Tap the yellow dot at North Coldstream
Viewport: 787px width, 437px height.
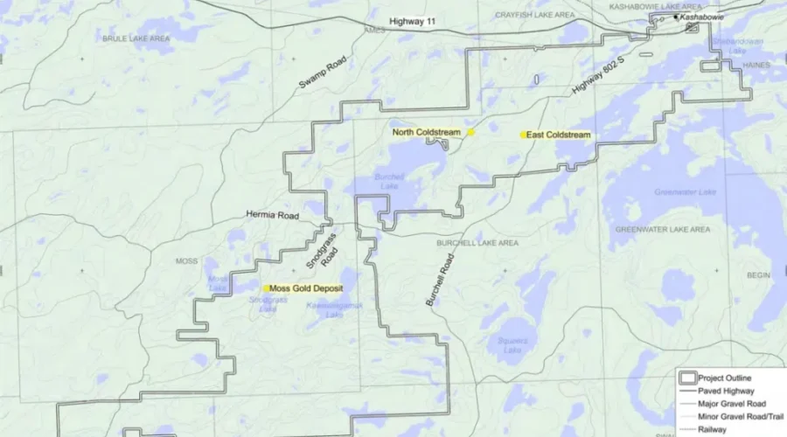point(470,132)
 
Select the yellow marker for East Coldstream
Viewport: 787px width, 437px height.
point(523,135)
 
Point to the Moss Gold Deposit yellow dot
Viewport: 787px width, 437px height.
point(267,288)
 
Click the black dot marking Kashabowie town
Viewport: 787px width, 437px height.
point(676,17)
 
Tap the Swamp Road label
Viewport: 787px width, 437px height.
point(323,72)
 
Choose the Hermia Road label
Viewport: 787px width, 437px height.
point(272,214)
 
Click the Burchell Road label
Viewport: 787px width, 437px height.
point(441,280)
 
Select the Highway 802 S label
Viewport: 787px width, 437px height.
point(606,72)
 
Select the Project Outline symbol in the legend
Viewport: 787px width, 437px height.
point(686,378)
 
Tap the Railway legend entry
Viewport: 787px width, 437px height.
point(713,429)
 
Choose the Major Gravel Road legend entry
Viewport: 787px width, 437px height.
point(732,404)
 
